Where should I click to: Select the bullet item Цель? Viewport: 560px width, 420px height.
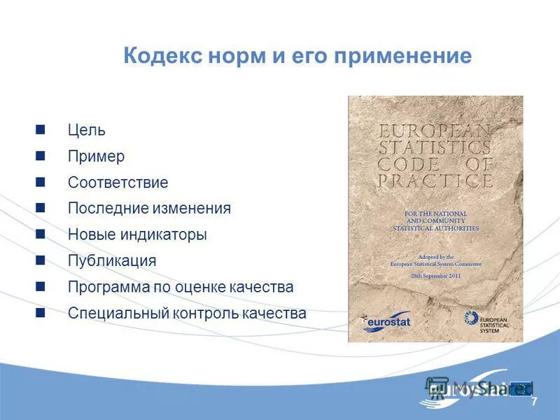pyautogui.click(x=86, y=130)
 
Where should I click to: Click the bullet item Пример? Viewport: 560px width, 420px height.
pyautogui.click(x=96, y=156)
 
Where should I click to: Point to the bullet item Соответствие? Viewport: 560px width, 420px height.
pyautogui.click(x=118, y=183)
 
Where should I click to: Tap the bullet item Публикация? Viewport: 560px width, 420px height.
pyautogui.click(x=111, y=261)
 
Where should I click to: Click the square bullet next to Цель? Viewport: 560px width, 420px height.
pyautogui.click(x=41, y=129)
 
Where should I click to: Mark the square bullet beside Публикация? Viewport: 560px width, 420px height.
pyautogui.click(x=41, y=260)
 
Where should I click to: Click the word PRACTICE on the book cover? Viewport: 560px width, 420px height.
pyautogui.click(x=434, y=181)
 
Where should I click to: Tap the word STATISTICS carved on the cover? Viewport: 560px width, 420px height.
pyautogui.click(x=434, y=148)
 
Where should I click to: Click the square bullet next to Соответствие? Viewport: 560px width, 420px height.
pyautogui.click(x=41, y=182)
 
